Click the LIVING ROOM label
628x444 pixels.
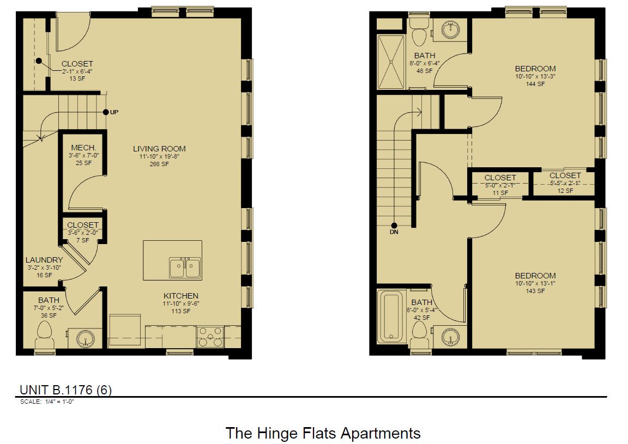pos(159,149)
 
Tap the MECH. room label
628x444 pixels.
pos(83,148)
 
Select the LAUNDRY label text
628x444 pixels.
pos(44,260)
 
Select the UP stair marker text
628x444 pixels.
pos(114,112)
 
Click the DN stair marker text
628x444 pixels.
pos(394,232)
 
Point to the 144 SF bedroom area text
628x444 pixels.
pos(535,84)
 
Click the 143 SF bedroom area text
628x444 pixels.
pos(535,291)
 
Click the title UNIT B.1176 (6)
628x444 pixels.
pos(65,390)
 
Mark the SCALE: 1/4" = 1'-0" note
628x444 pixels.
pos(46,402)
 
